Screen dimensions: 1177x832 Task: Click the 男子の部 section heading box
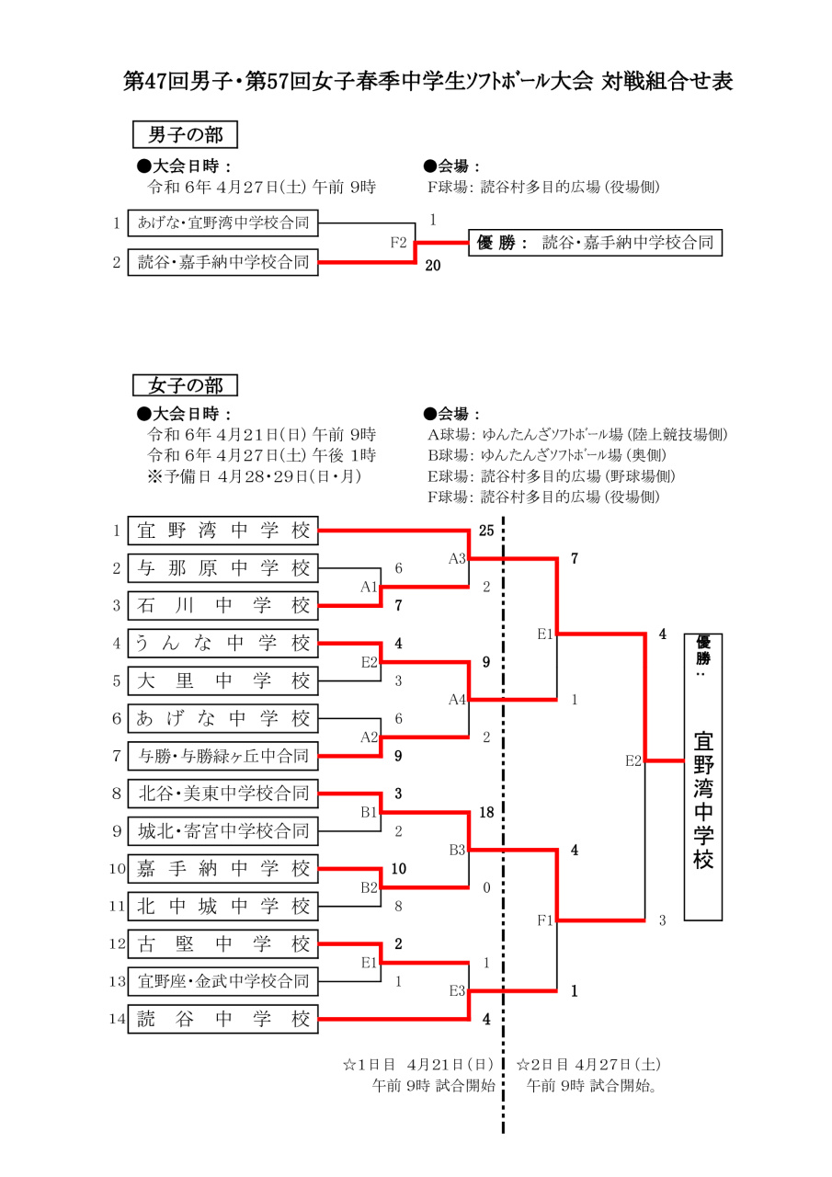[x=185, y=135]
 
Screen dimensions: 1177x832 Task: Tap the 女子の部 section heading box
[x=185, y=384]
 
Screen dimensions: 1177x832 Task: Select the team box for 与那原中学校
[x=223, y=568]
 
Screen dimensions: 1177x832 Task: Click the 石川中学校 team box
[x=223, y=606]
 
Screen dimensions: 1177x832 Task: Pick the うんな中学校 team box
[x=223, y=644]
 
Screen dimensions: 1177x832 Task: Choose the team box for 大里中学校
[x=223, y=681]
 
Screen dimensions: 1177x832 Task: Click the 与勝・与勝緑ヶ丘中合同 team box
[x=223, y=757]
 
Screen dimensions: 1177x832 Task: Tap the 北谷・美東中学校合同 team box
[x=223, y=793]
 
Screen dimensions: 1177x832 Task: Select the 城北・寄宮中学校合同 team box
[x=223, y=831]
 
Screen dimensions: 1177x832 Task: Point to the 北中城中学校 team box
[x=223, y=907]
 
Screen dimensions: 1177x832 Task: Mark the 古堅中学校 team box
[x=223, y=944]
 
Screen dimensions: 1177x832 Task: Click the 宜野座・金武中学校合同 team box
[x=223, y=982]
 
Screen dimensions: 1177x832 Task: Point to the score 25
[x=486, y=531]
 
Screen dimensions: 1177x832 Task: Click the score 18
[x=486, y=813]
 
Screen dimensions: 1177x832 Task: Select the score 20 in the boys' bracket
[x=433, y=267]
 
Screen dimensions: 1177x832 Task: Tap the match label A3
[x=458, y=558]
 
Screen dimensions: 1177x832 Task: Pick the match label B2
[x=370, y=887]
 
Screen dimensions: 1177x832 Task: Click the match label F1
[x=545, y=920]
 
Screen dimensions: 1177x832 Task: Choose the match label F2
[x=398, y=243]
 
